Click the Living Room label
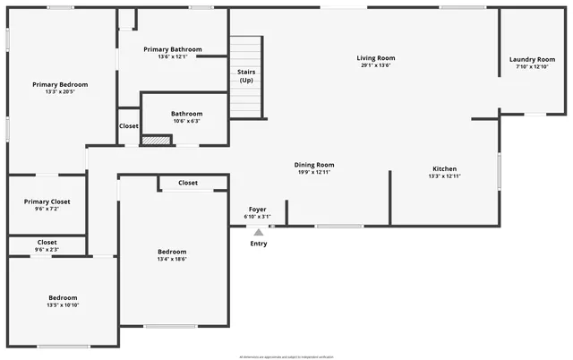click(376, 58)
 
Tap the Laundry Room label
click(532, 60)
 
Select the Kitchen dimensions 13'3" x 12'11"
click(444, 176)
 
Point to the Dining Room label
click(314, 165)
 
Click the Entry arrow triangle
click(258, 232)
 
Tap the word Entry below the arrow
click(258, 244)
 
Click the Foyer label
click(258, 209)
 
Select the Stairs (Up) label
click(245, 75)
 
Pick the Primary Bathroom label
click(173, 49)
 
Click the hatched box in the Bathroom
click(156, 140)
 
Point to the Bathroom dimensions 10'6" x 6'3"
click(186, 121)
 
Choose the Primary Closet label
click(47, 201)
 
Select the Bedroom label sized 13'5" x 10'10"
click(63, 298)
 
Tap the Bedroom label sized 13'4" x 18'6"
click(172, 252)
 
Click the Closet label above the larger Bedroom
click(188, 183)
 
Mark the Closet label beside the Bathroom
click(129, 126)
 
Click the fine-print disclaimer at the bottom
click(286, 356)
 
